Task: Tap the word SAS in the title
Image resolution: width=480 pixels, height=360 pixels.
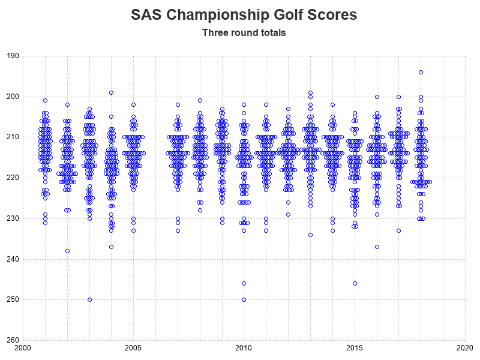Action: coord(147,14)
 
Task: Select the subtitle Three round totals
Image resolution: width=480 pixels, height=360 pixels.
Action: coord(244,32)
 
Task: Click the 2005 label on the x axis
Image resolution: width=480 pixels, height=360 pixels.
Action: coord(133,348)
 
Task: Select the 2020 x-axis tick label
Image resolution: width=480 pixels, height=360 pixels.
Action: coord(465,348)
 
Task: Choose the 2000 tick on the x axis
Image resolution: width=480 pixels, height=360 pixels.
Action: coord(23,348)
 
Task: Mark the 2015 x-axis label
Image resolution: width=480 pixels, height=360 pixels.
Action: coord(355,348)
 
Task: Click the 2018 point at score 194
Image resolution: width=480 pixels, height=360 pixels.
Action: coord(421,72)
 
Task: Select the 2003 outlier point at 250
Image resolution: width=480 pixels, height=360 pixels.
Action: coord(89,299)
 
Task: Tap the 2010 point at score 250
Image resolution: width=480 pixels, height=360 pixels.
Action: coord(244,299)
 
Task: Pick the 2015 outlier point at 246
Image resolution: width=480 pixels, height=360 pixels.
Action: coord(355,283)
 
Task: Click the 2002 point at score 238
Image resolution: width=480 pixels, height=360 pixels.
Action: coord(67,251)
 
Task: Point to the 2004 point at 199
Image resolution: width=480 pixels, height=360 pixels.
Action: coord(111,92)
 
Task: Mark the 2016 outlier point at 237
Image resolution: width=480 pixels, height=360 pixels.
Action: coord(377,247)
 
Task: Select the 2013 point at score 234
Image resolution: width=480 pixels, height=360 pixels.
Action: coord(310,235)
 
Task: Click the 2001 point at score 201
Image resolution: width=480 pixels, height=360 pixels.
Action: coord(45,100)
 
